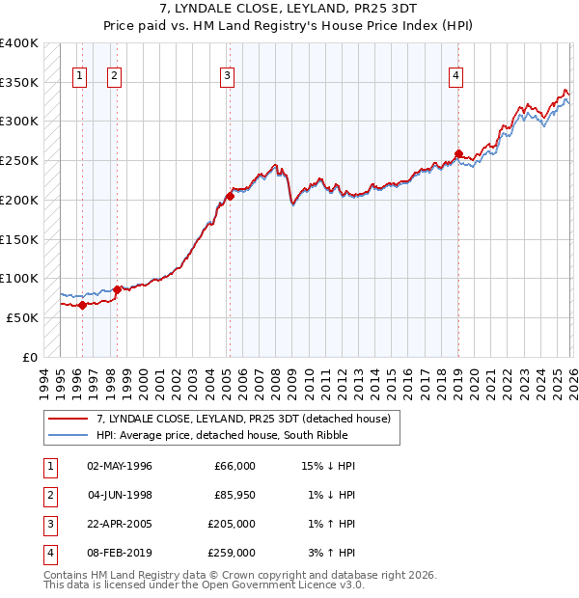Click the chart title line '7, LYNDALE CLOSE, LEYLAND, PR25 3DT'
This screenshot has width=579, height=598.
click(289, 9)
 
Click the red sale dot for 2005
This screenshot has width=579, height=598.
click(230, 197)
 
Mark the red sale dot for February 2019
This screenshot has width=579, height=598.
click(458, 153)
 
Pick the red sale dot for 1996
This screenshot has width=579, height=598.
click(82, 306)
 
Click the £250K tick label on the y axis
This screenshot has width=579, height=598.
click(19, 160)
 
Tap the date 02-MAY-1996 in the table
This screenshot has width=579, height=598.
click(120, 466)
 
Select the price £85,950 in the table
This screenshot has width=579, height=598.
click(234, 495)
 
